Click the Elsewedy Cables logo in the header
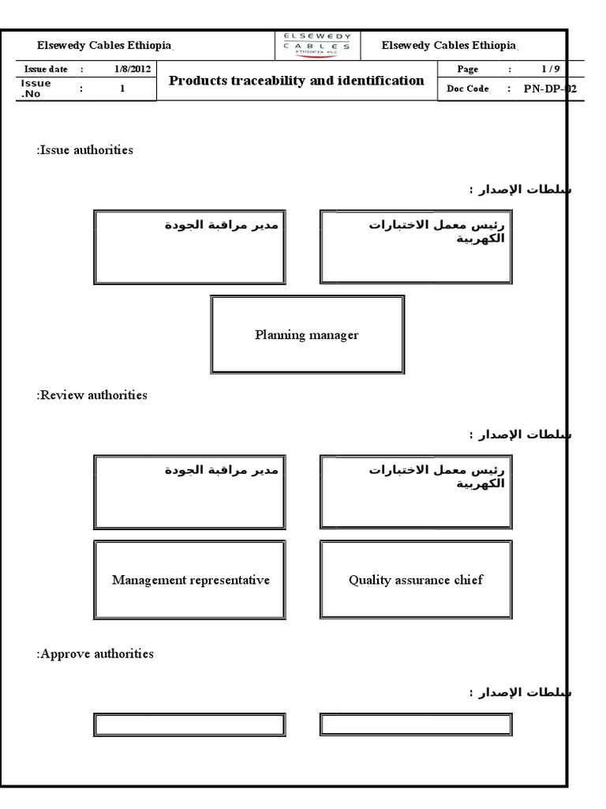(318, 45)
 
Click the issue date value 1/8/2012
(132, 70)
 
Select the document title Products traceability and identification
(297, 81)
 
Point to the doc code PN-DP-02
(550, 88)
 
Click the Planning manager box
(307, 335)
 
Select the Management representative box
(190, 580)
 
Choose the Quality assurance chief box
(416, 580)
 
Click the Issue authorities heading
(84, 150)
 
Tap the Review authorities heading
(92, 395)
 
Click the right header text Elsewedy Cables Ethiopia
(448, 46)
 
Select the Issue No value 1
(122, 88)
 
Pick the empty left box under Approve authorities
(190, 724)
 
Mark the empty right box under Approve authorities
(416, 724)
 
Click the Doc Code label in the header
(467, 88)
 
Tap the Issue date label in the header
(46, 70)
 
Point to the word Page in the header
(468, 70)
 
